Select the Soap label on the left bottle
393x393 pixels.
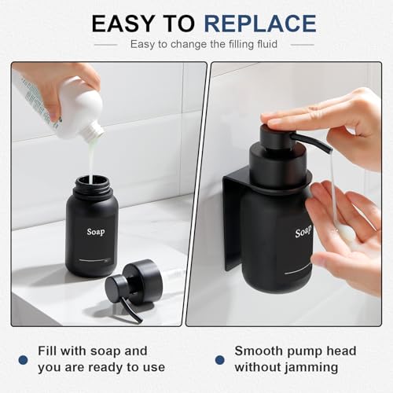tap(95, 232)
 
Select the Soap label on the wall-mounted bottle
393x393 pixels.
tap(303, 233)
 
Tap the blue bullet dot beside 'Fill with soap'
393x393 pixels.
tap(24, 359)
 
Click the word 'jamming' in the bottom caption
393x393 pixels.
tap(315, 367)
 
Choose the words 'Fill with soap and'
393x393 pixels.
tap(92, 351)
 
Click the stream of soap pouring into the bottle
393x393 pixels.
tap(91, 161)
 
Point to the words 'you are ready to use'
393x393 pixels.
tap(102, 367)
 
